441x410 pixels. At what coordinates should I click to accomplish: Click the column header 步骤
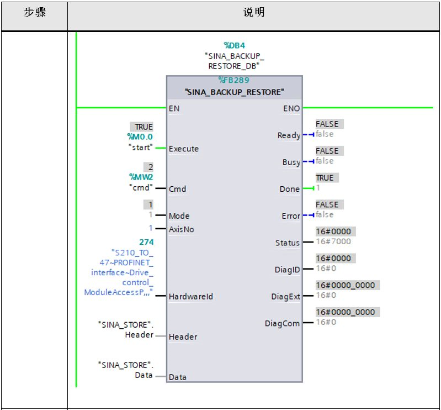34,13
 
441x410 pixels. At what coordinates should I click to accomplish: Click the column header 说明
254,13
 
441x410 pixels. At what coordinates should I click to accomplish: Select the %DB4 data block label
233,46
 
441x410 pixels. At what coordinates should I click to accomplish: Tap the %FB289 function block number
233,80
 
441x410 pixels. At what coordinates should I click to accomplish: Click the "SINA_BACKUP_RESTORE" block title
234,92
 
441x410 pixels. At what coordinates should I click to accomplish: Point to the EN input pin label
174,108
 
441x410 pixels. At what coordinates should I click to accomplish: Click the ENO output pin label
291,108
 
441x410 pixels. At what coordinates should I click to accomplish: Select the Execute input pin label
184,149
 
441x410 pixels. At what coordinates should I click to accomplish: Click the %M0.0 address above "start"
140,136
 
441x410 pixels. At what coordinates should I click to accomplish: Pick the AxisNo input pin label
182,229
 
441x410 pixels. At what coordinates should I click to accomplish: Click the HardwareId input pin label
191,297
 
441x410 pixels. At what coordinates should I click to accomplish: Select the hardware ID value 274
146,243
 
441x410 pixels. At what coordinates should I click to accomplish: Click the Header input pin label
183,337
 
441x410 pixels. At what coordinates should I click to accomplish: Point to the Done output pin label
290,189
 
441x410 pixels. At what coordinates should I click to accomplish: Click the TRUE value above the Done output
325,178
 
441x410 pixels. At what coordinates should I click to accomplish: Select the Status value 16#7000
333,241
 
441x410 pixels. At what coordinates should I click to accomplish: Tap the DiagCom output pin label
283,323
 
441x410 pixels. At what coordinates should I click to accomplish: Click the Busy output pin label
291,162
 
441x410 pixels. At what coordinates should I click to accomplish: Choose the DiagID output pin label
288,270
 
